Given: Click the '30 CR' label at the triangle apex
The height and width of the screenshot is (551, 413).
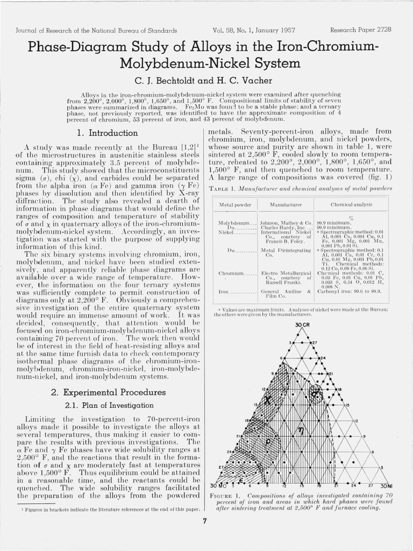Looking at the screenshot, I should [303, 325].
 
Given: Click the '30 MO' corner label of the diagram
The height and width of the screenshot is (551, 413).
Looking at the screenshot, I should [215, 486].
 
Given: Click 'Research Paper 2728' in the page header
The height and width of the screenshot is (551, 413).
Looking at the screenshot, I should [360, 30].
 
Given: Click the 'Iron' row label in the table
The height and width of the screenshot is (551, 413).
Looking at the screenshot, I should [224, 291].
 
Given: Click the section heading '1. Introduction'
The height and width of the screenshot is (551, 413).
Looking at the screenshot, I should [108, 133].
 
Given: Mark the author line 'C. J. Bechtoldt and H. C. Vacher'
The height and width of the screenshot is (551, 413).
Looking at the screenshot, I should [206, 81].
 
